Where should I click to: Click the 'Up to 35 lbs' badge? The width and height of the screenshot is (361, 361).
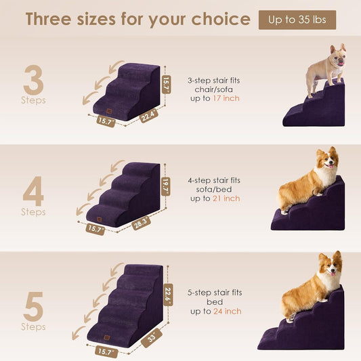[297, 20]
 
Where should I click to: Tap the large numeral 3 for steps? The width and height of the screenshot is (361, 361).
[33, 81]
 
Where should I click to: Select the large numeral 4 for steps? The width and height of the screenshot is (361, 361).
[33, 192]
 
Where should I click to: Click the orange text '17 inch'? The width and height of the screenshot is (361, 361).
[228, 99]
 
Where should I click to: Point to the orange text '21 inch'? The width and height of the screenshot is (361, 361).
[228, 198]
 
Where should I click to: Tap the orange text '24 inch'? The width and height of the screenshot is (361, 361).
[228, 311]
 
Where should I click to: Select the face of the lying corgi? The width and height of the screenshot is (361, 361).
[327, 162]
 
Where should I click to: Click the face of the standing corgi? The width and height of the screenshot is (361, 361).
[330, 270]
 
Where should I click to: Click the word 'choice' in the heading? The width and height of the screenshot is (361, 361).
[217, 19]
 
